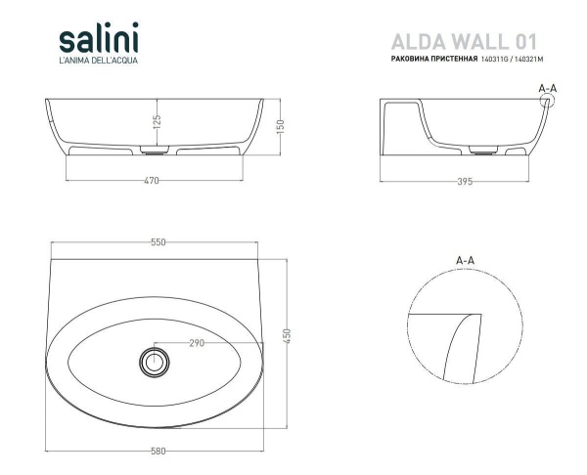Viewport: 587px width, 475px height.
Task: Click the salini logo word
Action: pos(98,40)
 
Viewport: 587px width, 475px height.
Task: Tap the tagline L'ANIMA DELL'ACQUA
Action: pos(99,64)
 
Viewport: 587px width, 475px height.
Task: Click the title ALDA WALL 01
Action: pos(464,41)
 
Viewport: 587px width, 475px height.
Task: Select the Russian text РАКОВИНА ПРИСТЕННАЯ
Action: pos(433,61)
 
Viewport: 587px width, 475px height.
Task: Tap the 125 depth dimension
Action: pos(157,121)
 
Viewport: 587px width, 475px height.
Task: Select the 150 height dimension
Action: pos(280,126)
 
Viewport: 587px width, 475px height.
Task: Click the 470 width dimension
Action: pos(152,181)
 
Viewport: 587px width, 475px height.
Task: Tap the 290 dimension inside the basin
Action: pos(197,343)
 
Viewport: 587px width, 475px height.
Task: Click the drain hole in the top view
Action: pos(153,361)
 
